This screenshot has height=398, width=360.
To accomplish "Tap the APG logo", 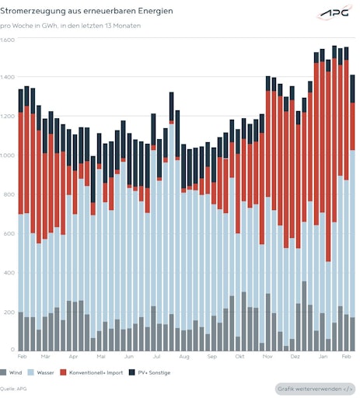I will [x=335, y=14].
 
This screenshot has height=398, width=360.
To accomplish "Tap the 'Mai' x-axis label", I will [x=101, y=356].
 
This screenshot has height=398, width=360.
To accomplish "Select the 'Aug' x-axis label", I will [x=184, y=356].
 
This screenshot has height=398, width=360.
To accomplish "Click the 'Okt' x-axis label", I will [x=239, y=356].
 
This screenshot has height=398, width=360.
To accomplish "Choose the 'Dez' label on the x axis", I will [x=295, y=356].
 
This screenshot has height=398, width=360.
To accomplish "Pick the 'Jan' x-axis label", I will [x=323, y=356].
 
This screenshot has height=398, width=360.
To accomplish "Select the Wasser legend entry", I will [x=42, y=372].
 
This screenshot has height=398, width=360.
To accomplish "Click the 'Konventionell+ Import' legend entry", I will [x=92, y=372].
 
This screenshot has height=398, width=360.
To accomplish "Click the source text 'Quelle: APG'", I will [x=14, y=388].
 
